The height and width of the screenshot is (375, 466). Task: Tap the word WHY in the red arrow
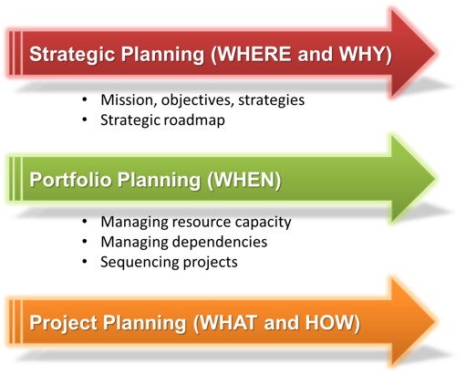(362, 54)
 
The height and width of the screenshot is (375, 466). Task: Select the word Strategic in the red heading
(72, 55)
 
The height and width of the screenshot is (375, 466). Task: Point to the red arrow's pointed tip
(436, 53)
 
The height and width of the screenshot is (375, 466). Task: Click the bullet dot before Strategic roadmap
(85, 120)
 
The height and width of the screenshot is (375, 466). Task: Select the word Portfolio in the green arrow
(70, 180)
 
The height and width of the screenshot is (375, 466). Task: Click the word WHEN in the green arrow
(244, 180)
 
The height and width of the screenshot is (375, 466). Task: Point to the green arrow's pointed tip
(436, 179)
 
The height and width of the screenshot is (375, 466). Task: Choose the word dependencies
(220, 242)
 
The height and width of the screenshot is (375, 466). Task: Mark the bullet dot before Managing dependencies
(85, 242)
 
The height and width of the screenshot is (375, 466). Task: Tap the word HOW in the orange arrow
(329, 322)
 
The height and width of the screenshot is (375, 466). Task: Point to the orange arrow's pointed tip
(436, 321)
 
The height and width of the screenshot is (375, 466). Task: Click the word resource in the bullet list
(202, 222)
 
